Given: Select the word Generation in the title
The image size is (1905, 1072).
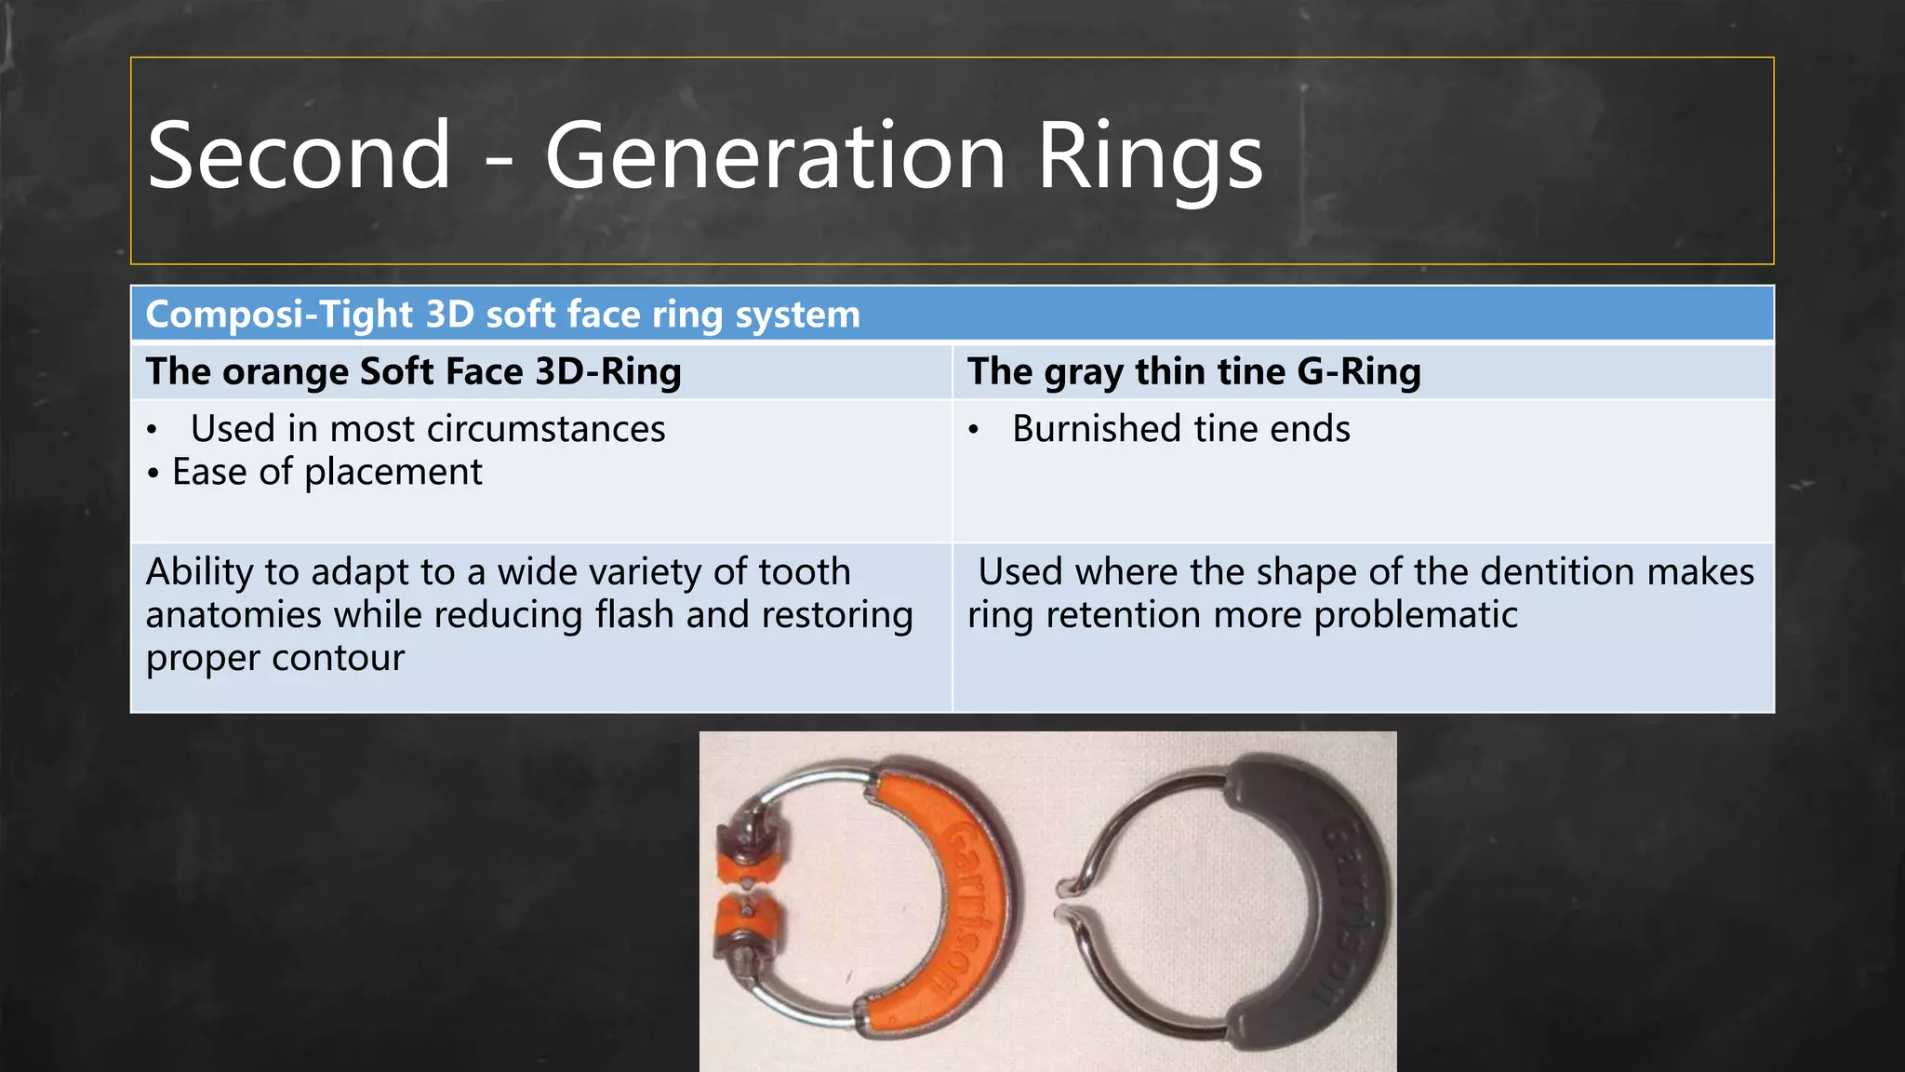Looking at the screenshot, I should [775, 156].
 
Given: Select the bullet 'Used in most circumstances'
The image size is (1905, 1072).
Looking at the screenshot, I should [428, 429].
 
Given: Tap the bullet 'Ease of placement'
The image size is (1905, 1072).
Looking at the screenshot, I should [326, 472].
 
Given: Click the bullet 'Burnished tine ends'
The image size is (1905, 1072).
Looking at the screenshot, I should [1180, 429].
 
